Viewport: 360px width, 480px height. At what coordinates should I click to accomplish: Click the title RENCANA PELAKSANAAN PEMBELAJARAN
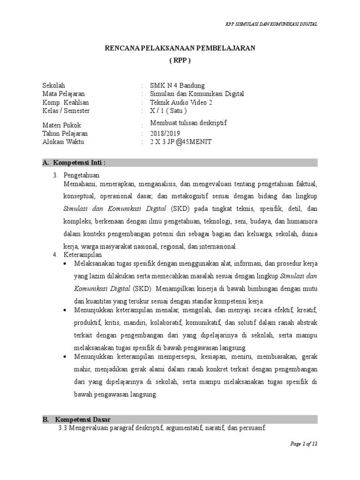point(180,49)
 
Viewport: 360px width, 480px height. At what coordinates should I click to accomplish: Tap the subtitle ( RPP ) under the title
point(180,61)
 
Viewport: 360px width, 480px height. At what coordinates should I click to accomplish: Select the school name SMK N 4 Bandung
point(177,85)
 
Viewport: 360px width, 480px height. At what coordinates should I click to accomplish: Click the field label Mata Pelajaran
point(63,94)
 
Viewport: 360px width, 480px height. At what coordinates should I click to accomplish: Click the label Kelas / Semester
point(66,111)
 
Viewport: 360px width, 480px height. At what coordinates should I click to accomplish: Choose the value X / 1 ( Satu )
point(168,111)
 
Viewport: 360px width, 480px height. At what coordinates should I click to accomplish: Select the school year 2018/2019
point(165,134)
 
